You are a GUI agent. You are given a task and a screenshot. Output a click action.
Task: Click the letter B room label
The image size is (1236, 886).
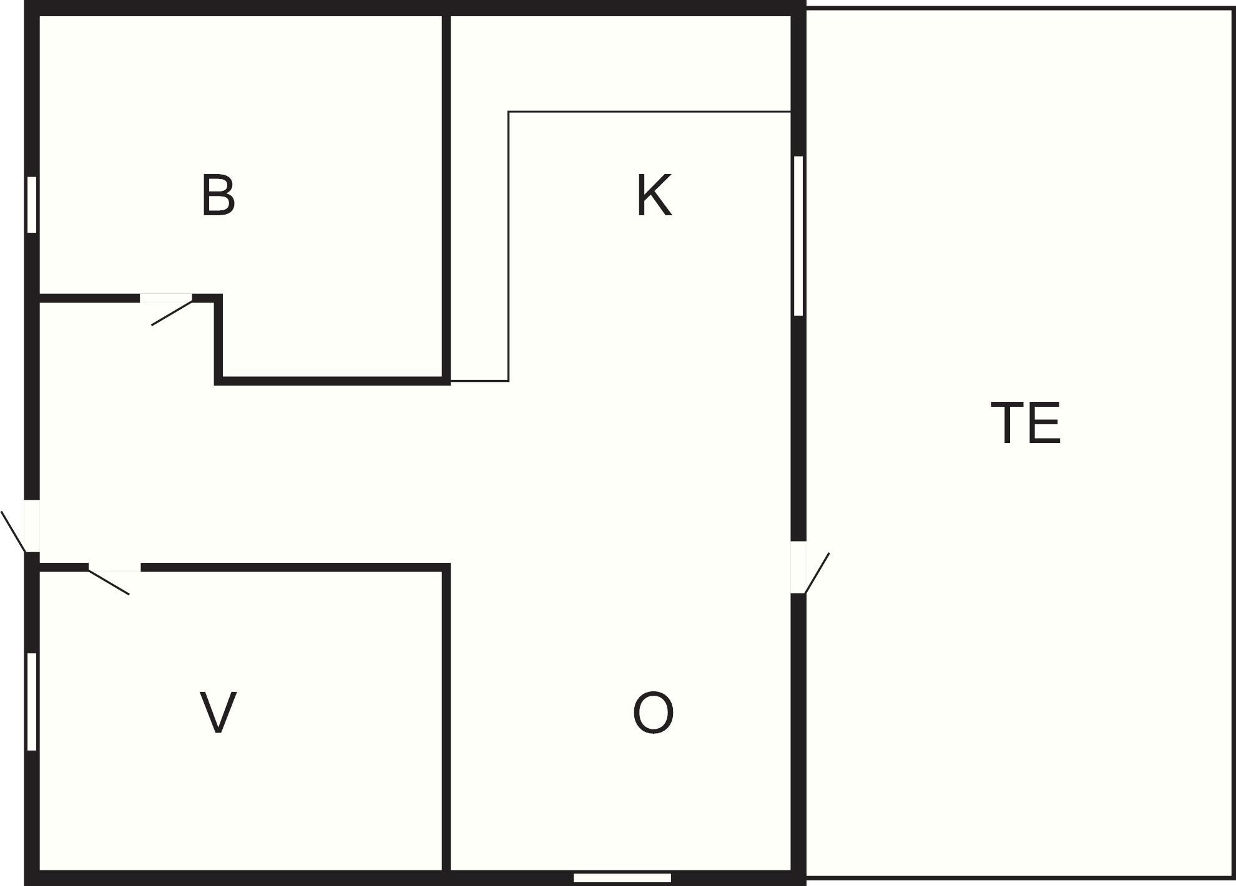(218, 195)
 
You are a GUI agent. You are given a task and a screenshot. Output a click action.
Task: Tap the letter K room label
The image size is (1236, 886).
(654, 195)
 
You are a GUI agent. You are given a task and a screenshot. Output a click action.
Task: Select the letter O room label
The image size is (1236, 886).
(653, 712)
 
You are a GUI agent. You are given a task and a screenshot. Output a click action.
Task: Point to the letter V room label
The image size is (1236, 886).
(218, 712)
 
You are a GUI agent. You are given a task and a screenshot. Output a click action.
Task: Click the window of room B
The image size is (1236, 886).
(32, 205)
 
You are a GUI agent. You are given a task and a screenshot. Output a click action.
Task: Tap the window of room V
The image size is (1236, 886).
(32, 701)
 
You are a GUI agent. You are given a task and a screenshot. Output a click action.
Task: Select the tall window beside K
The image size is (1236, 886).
(798, 236)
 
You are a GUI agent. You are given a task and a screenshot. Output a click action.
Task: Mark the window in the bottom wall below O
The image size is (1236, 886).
(622, 878)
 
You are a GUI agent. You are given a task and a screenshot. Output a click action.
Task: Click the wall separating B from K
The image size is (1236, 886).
(446, 195)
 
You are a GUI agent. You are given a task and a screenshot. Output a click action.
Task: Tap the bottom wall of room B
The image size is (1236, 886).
(332, 381)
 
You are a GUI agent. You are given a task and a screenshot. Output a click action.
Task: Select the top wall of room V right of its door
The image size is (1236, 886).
(295, 567)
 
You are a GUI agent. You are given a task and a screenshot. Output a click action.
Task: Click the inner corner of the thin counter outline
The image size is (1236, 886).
(509, 112)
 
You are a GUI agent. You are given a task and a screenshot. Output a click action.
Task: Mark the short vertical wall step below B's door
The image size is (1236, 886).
(218, 339)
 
